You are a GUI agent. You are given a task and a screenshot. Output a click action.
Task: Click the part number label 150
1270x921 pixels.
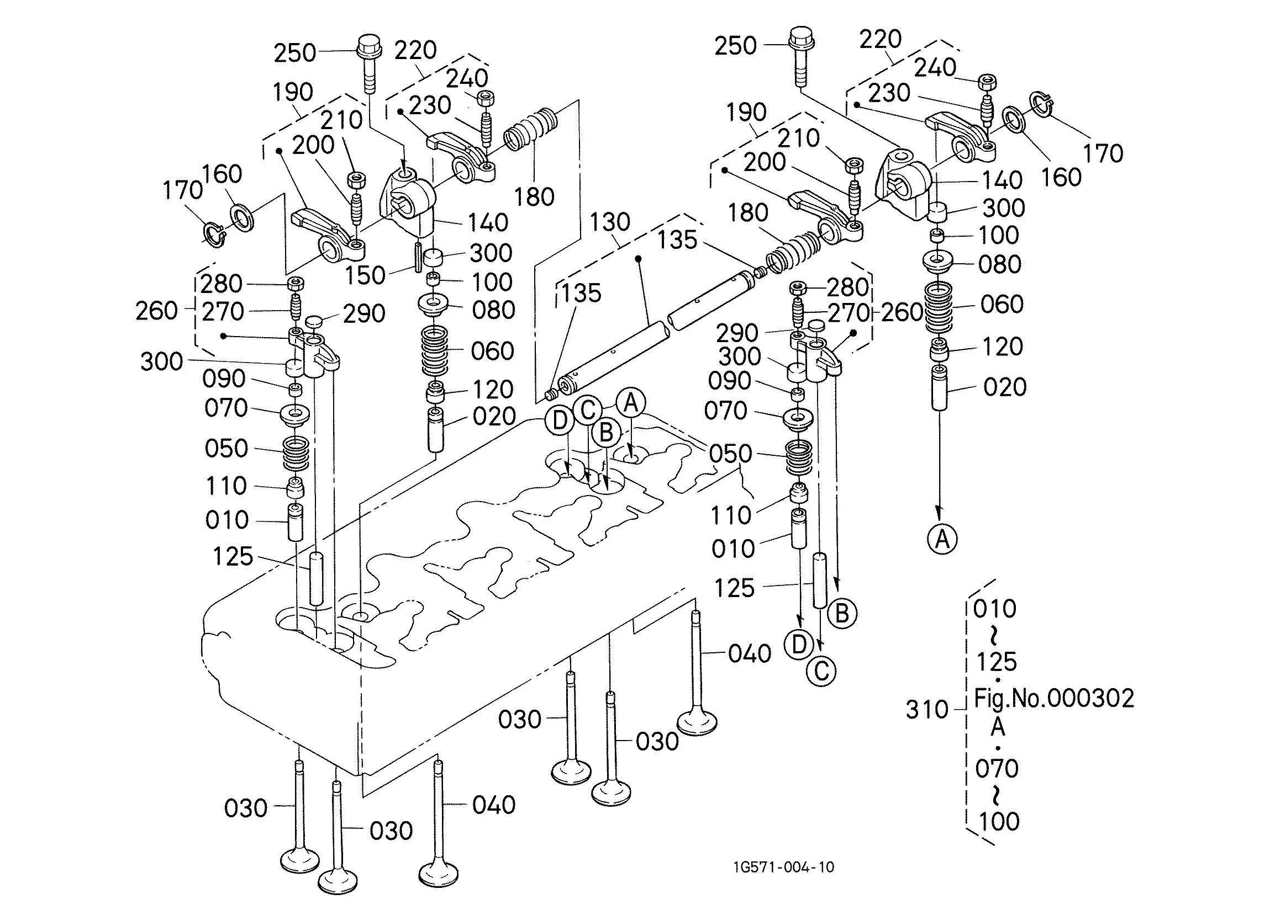click(x=365, y=275)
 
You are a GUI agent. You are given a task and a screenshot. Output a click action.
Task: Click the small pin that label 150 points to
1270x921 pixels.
click(x=418, y=257)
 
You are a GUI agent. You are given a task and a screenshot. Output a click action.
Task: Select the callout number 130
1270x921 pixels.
click(x=610, y=222)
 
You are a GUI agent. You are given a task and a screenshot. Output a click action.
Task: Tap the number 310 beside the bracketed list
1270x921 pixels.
click(x=927, y=710)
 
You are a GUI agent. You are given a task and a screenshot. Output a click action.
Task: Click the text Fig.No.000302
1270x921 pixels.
click(x=1054, y=698)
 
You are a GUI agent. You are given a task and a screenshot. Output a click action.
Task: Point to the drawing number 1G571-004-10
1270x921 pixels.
click(x=783, y=867)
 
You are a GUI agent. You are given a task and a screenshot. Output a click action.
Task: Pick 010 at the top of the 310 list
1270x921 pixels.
click(x=994, y=609)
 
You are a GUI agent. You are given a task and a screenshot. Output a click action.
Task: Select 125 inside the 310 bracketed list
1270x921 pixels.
click(x=997, y=662)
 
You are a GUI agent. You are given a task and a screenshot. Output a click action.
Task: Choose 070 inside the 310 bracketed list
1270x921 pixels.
click(x=997, y=769)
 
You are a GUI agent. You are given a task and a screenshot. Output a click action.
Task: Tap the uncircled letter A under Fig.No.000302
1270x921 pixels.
click(x=998, y=727)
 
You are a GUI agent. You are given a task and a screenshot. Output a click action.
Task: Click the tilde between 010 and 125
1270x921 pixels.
click(x=994, y=636)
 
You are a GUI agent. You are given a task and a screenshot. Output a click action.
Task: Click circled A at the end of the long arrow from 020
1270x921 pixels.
click(x=942, y=539)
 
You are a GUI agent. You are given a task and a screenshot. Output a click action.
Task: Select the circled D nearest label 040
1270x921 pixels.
click(x=799, y=645)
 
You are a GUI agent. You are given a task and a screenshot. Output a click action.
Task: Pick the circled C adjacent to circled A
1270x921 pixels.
click(x=587, y=410)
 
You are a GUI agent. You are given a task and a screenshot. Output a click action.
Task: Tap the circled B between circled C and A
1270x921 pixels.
click(x=606, y=433)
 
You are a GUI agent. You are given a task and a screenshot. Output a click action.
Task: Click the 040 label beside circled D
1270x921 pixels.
click(x=749, y=653)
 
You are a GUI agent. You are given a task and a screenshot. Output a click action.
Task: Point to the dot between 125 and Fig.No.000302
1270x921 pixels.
click(x=998, y=680)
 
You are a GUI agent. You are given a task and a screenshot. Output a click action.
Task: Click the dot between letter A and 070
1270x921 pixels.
click(x=998, y=748)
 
